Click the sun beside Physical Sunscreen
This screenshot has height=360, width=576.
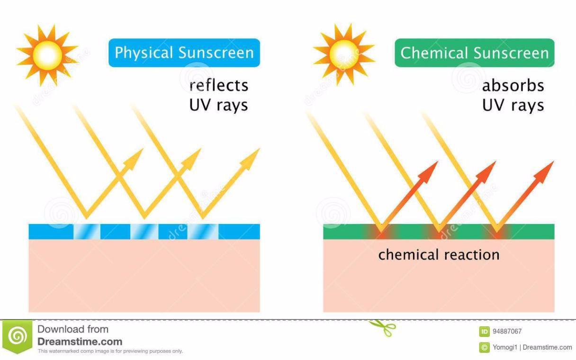click(47, 55)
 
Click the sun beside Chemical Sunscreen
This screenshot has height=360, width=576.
click(344, 54)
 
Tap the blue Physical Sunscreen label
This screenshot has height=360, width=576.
click(184, 53)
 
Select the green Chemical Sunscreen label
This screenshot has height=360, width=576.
click(475, 53)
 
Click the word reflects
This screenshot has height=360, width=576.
click(219, 85)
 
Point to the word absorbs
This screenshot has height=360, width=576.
click(513, 85)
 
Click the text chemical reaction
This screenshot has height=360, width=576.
click(439, 255)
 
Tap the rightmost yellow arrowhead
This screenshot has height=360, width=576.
click(250, 159)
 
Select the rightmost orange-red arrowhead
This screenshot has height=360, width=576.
click(544, 172)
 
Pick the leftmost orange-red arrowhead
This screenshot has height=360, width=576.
click(428, 172)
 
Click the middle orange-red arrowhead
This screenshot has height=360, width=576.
click(486, 172)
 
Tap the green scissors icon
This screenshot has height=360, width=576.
click(383, 328)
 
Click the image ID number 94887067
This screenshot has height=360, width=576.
click(507, 331)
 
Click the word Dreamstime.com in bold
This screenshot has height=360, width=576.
click(80, 342)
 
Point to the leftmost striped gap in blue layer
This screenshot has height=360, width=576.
click(87, 232)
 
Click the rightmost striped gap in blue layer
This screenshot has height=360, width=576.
click(203, 232)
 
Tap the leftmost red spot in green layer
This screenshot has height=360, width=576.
click(381, 232)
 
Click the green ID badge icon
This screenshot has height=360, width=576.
click(484, 332)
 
